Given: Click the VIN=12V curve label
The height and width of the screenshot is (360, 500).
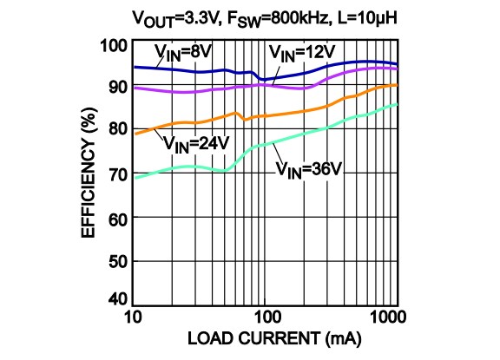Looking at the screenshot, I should pos(300,54).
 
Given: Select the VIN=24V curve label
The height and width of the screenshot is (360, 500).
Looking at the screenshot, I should pos(196,141).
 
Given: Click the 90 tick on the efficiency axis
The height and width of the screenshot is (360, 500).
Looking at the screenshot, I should pos(115,87).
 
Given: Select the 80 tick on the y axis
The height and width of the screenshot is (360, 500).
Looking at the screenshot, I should pos(115,129).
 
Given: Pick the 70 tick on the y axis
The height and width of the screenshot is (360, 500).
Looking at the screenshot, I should pos(115,172).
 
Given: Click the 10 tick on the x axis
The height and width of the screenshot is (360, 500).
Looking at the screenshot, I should pos(133,314).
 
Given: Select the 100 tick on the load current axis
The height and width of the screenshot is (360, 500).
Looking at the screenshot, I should pos(266,314).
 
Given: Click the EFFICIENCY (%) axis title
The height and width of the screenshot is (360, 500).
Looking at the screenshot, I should pos(89,171).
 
